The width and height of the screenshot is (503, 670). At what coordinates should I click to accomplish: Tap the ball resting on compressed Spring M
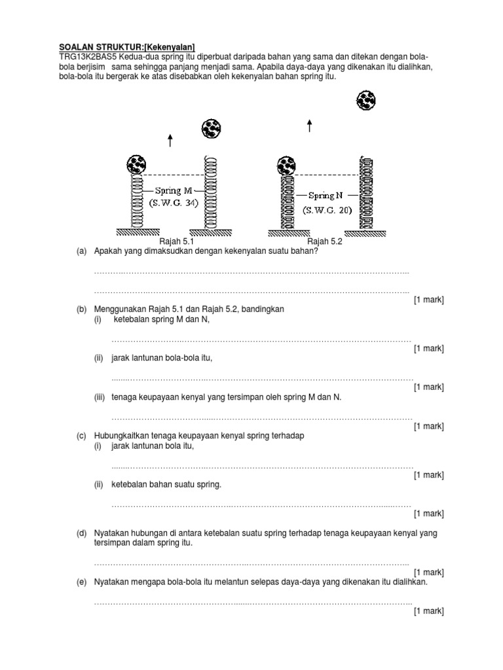pos(136,164)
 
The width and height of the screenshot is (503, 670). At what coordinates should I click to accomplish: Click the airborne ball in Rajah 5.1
pos(210,128)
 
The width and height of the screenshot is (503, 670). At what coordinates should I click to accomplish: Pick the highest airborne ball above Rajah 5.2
pos(365,101)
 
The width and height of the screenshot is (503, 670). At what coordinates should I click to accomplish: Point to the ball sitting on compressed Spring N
pos(286,166)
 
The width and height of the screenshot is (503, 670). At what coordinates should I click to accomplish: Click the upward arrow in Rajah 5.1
pos(170,140)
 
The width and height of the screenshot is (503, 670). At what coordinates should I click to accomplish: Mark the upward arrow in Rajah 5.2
pos(309,126)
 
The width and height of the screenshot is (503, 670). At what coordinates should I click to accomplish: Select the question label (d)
pos(82,533)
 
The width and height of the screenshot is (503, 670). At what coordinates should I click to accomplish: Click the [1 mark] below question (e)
pos(428,611)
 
